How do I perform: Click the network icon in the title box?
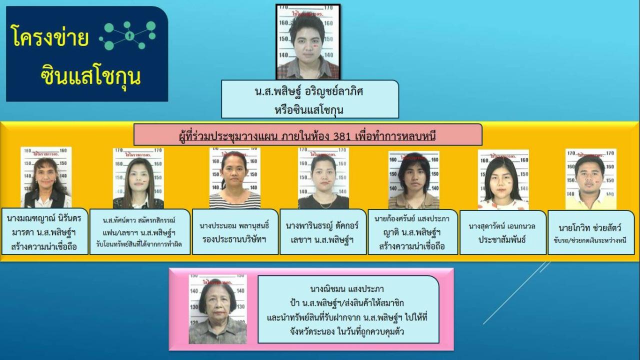[x=128, y=36]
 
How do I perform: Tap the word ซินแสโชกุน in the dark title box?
[x=90, y=76]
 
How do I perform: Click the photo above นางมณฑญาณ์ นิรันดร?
[x=45, y=177]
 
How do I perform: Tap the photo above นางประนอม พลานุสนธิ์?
[x=234, y=178]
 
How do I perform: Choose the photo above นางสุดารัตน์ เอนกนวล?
[x=503, y=179]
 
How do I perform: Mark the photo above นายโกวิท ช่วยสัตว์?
[x=590, y=179]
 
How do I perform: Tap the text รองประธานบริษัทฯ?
[x=235, y=239]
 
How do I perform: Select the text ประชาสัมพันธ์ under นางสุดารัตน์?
[x=502, y=239]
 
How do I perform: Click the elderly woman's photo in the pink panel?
[x=217, y=309]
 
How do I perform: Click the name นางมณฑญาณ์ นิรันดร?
[x=44, y=218]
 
